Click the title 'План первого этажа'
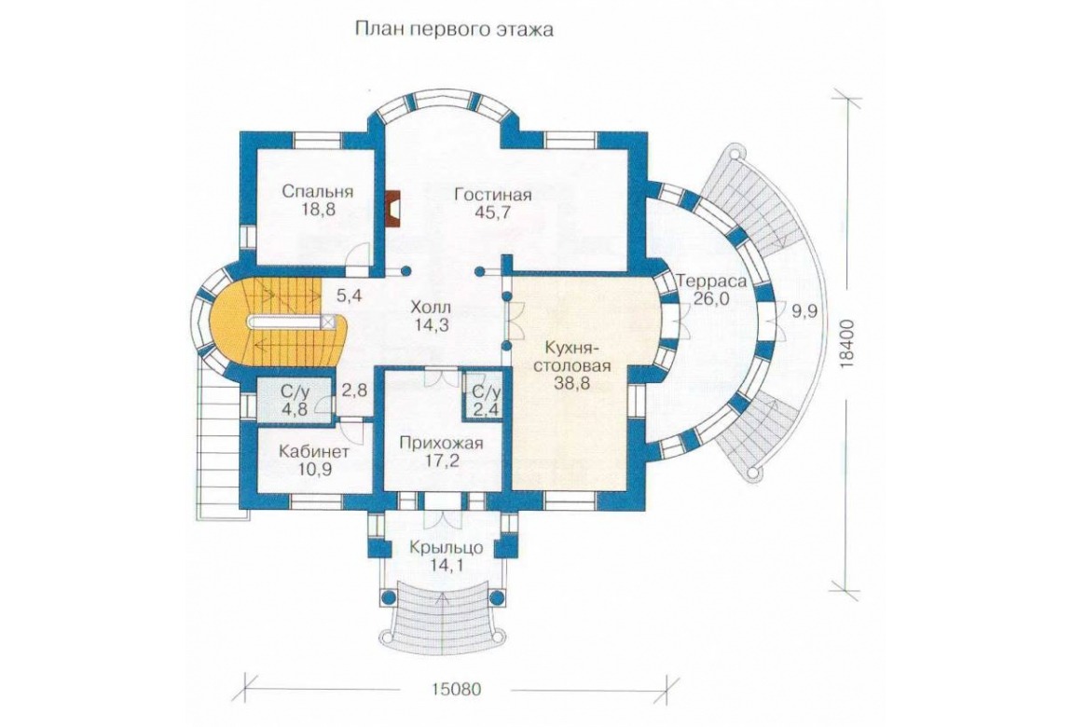click(x=454, y=31)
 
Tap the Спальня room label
click(x=317, y=191)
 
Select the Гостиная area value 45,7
click(x=493, y=213)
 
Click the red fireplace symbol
click(x=393, y=208)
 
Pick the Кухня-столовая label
click(x=571, y=357)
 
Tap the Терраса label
click(x=711, y=281)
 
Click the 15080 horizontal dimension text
click(x=456, y=688)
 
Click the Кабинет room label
click(x=314, y=452)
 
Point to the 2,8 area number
click(x=353, y=391)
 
